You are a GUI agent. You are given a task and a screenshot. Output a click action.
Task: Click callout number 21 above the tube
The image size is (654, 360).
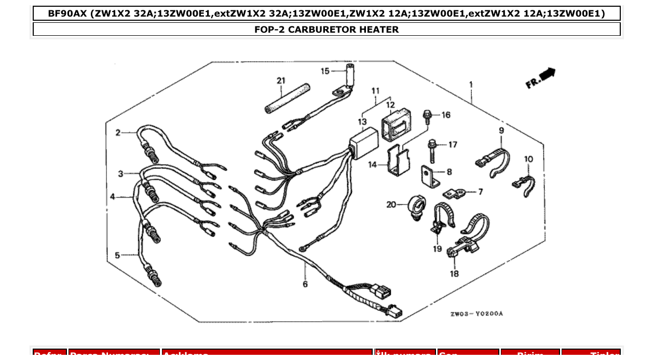(281, 80)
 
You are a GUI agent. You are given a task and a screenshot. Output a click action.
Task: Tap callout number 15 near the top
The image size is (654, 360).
(325, 71)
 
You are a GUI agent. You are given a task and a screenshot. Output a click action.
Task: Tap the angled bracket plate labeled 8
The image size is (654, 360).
(429, 177)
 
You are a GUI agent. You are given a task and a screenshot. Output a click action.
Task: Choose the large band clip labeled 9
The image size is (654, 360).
(494, 159)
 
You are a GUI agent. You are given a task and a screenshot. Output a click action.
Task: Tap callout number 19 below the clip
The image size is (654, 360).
(437, 250)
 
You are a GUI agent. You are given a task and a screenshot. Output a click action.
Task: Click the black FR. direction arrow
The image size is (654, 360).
(547, 74)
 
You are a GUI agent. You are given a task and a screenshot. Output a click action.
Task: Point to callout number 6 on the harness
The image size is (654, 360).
(305, 284)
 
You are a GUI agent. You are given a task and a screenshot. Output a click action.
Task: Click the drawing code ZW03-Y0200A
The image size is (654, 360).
(476, 314)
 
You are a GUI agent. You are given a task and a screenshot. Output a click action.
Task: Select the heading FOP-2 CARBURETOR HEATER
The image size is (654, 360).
(326, 30)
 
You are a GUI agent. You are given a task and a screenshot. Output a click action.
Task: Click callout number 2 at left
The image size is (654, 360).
(118, 133)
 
